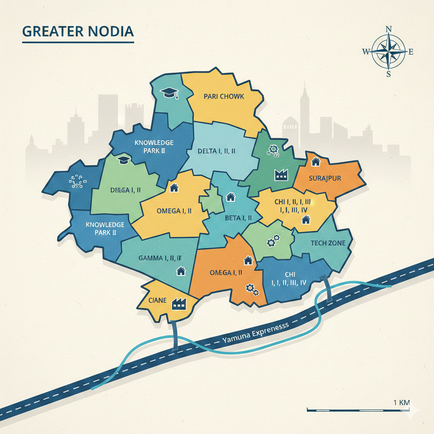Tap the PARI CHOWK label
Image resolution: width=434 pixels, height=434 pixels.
point(224,96)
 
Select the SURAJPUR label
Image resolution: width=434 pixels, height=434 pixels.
point(325,178)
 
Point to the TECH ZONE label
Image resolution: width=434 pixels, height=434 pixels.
point(328,243)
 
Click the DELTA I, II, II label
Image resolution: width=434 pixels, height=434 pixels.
point(217,150)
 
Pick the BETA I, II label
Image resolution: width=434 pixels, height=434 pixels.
point(238,218)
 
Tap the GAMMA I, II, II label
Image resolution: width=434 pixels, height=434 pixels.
point(160,258)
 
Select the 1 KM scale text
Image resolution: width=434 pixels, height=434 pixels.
point(401,402)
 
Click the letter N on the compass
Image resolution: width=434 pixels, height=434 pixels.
point(389,29)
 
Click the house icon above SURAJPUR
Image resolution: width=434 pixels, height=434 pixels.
point(315,161)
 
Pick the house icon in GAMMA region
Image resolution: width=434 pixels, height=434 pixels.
point(181,270)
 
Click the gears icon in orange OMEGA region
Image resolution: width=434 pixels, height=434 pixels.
point(252,289)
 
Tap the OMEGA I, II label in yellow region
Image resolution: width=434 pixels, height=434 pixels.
point(174,210)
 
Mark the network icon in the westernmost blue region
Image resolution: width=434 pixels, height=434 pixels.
point(78,181)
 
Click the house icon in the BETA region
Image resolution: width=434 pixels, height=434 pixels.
point(231,197)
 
